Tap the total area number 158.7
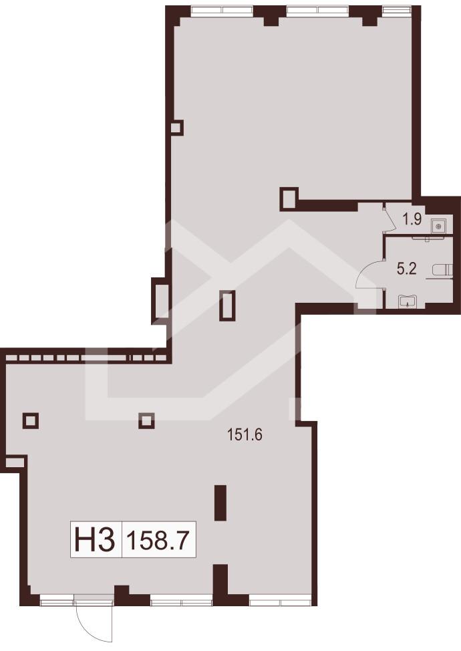[159, 539]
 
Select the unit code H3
[96, 539]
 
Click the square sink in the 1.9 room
[439, 225]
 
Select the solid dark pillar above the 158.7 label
[220, 503]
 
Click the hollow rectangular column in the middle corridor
[227, 305]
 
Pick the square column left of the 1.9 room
[289, 198]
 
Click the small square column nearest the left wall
[31, 420]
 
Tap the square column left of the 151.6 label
[147, 420]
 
